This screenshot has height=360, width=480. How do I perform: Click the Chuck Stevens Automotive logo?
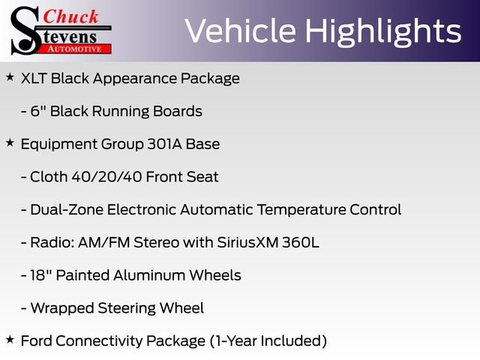60,30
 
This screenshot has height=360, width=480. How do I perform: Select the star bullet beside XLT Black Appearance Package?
9,77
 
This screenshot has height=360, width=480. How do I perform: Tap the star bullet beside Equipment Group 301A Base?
9,142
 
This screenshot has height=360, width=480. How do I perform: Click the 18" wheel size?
38,275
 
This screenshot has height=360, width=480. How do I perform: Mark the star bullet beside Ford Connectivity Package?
9,340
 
